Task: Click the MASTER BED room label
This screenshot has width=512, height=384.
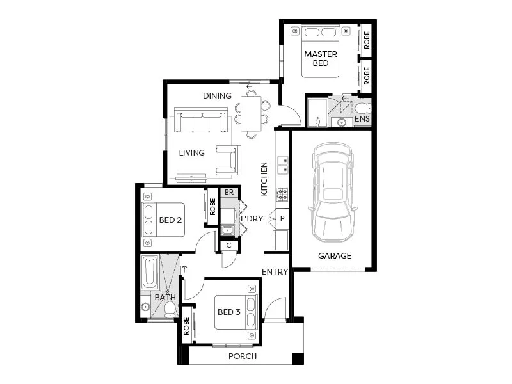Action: pos(320,59)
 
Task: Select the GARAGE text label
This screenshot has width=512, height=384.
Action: pos(335,256)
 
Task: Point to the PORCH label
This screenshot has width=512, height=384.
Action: pos(242,356)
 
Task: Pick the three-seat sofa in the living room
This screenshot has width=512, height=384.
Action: pos(201,120)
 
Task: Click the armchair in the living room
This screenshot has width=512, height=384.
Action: pos(227,160)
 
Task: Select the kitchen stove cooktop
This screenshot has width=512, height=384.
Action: pos(282,194)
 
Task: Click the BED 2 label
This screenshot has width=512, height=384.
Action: pos(171,220)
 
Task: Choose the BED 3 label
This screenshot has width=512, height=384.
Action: pos(228,312)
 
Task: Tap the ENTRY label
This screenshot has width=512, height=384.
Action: pos(275,272)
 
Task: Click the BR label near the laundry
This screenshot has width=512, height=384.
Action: pos(229,192)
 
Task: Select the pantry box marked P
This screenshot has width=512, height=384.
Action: pos(282,218)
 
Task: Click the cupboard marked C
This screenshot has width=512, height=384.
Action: pos(229,245)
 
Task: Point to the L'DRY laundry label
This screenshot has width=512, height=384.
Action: pos(252,219)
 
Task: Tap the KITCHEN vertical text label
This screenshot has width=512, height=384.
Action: pos(264,179)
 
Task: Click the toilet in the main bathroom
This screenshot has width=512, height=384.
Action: pos(170,310)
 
